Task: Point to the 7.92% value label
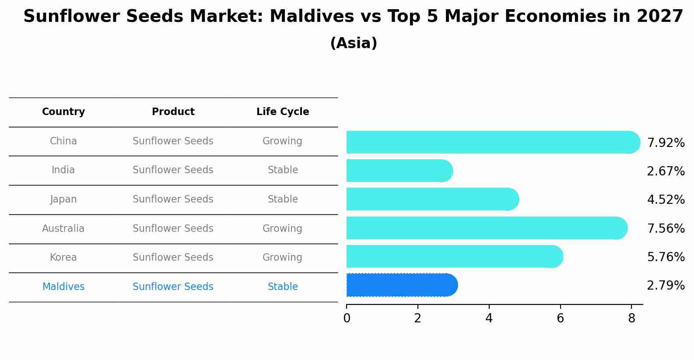666,143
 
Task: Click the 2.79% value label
666,286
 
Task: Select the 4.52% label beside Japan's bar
666,200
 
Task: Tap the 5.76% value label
666,257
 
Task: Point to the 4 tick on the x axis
489,318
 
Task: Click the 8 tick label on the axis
631,318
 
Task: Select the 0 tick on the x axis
347,318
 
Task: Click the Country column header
63,112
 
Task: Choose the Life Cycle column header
283,112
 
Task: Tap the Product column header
173,112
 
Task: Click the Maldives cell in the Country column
63,287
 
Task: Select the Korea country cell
63,258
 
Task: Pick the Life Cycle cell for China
282,141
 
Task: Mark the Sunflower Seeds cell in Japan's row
173,199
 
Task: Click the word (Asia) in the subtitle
354,43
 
